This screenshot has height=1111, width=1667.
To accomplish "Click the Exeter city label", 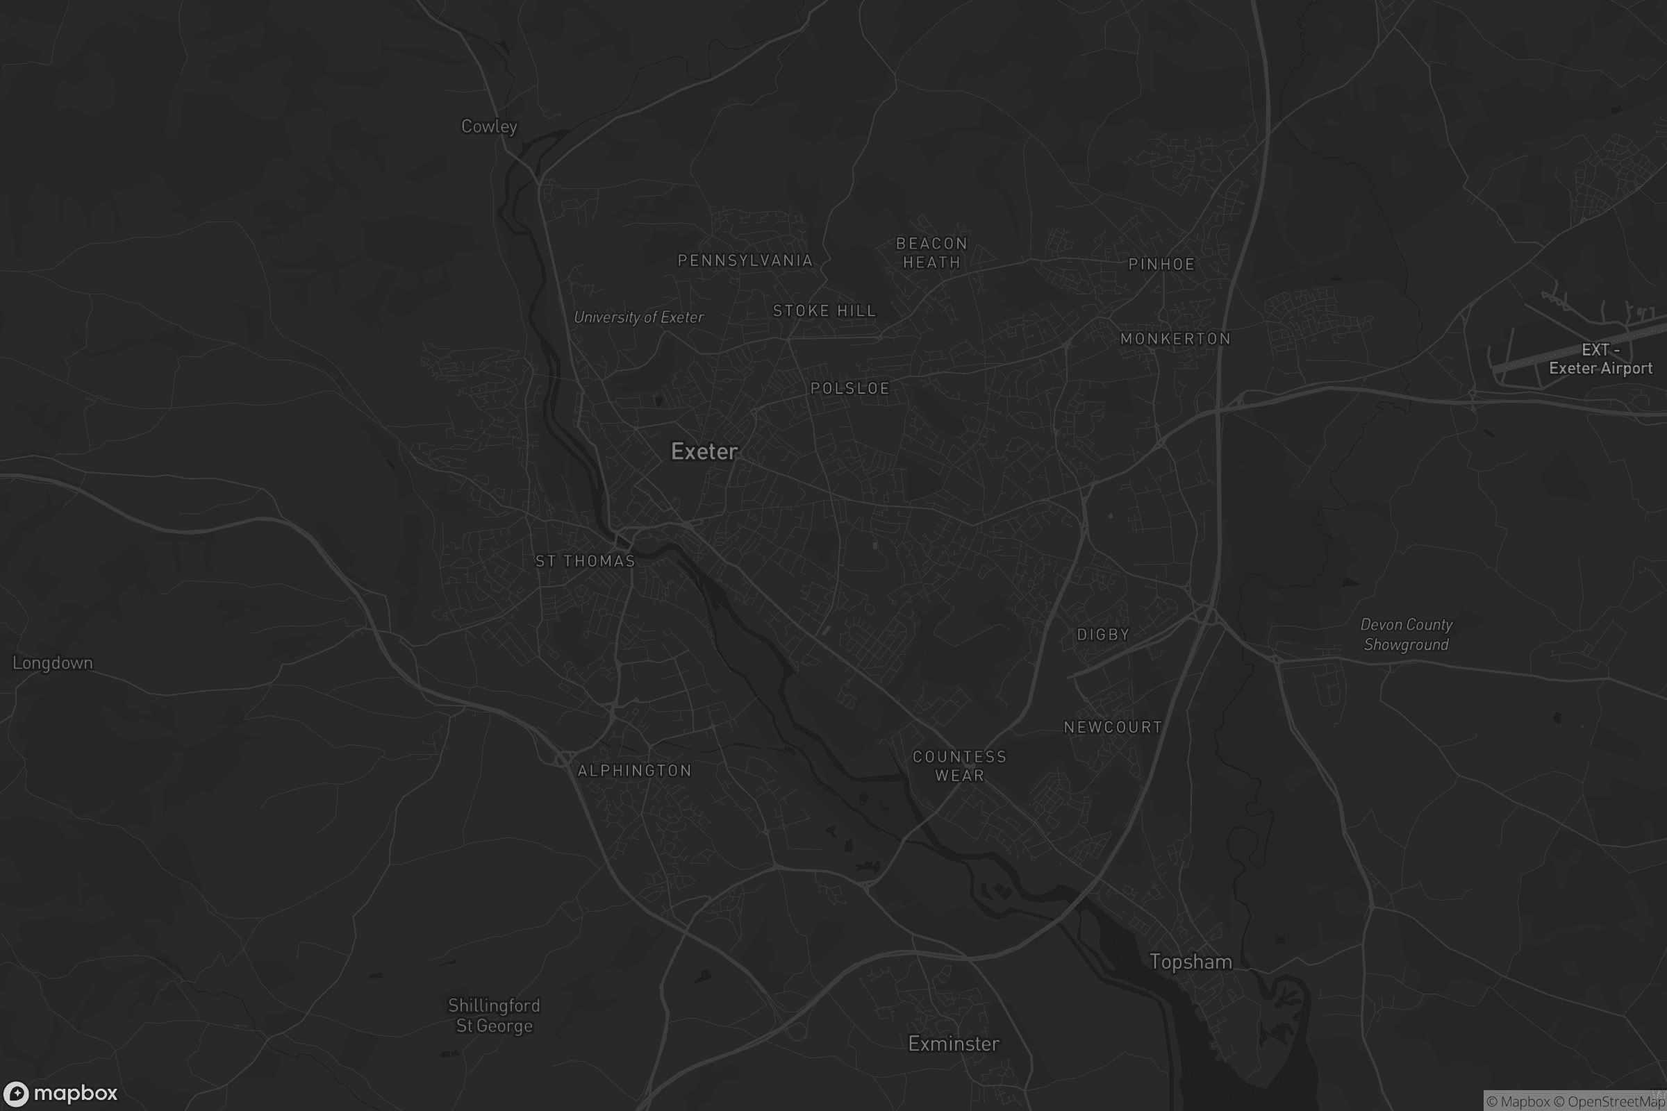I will pyautogui.click(x=704, y=451).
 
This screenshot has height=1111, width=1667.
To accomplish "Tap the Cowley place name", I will pyautogui.click(x=489, y=126).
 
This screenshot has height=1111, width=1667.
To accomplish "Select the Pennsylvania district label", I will pyautogui.click(x=745, y=261).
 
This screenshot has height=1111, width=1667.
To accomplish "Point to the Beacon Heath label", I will pyautogui.click(x=931, y=253).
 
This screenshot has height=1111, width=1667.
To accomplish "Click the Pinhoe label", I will pyautogui.click(x=1161, y=265).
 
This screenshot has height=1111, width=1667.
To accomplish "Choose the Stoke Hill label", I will pyautogui.click(x=824, y=311).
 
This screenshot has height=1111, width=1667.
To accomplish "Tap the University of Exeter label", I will pyautogui.click(x=638, y=317).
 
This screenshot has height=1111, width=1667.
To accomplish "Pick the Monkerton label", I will pyautogui.click(x=1175, y=339).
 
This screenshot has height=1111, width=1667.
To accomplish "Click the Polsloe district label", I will pyautogui.click(x=849, y=388).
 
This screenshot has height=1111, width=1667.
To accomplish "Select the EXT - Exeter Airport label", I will pyautogui.click(x=1600, y=359).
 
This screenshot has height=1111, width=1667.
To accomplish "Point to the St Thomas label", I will pyautogui.click(x=585, y=561).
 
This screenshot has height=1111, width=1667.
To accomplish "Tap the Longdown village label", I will pyautogui.click(x=53, y=663).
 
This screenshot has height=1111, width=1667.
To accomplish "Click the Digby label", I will pyautogui.click(x=1103, y=635).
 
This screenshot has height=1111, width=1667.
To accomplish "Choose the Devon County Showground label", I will pyautogui.click(x=1406, y=635).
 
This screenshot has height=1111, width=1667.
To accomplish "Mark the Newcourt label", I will pyautogui.click(x=1113, y=727).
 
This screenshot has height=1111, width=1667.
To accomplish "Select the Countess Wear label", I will pyautogui.click(x=959, y=766).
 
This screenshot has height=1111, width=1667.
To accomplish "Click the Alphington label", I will pyautogui.click(x=634, y=771).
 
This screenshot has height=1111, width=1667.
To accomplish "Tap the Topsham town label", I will pyautogui.click(x=1190, y=962).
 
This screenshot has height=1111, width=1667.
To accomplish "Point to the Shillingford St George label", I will pyautogui.click(x=494, y=1015).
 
